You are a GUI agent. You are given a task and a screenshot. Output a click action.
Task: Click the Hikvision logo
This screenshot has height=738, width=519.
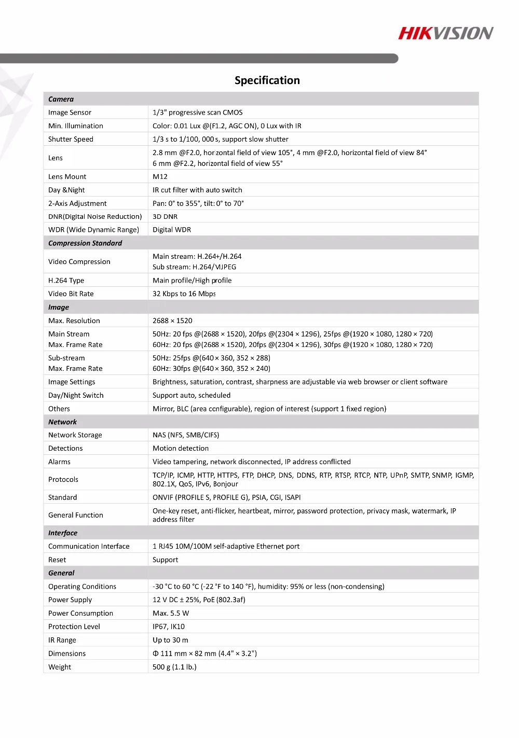coord(445,34)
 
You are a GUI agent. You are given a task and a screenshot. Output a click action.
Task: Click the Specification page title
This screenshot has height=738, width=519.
coord(267,80)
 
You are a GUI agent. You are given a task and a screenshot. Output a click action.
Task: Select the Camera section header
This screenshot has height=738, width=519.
coord(61,99)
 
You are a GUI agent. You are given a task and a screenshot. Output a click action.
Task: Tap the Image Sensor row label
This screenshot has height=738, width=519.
coord(70,113)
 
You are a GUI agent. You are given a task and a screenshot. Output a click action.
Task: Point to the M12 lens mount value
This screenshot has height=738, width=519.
coord(160,177)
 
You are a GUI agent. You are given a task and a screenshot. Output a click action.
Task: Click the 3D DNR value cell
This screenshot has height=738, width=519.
coord(165,217)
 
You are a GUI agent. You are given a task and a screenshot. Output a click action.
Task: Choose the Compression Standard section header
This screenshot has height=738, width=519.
coord(85,243)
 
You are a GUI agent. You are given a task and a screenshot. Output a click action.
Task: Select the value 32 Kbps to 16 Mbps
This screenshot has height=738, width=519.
coord(184,294)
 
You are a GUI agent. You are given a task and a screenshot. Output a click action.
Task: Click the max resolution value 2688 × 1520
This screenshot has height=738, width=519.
coord(172,321)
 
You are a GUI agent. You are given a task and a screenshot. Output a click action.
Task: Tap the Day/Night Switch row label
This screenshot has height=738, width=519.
coord(76,396)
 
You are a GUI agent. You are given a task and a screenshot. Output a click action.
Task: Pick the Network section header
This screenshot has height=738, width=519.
coord(62,422)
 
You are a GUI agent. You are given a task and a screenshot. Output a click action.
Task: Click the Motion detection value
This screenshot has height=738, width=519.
coord(181,449)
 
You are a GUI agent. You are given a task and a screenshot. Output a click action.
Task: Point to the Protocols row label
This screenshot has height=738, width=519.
coord(63,480)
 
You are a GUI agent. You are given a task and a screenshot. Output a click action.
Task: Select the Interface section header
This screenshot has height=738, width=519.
coord(63,533)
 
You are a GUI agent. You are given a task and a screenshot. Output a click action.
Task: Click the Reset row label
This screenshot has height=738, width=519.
coord(57,560)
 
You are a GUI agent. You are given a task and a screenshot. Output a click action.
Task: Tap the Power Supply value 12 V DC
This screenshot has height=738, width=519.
coord(199,600)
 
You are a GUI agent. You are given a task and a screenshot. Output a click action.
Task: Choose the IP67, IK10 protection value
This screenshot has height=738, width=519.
coord(169,627)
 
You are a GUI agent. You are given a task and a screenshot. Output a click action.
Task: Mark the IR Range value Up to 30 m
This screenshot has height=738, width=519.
coord(170,640)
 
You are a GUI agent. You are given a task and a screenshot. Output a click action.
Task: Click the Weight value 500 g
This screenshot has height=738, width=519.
coord(174,667)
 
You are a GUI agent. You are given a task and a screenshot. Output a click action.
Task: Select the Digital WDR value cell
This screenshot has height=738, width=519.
coord(172,230)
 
